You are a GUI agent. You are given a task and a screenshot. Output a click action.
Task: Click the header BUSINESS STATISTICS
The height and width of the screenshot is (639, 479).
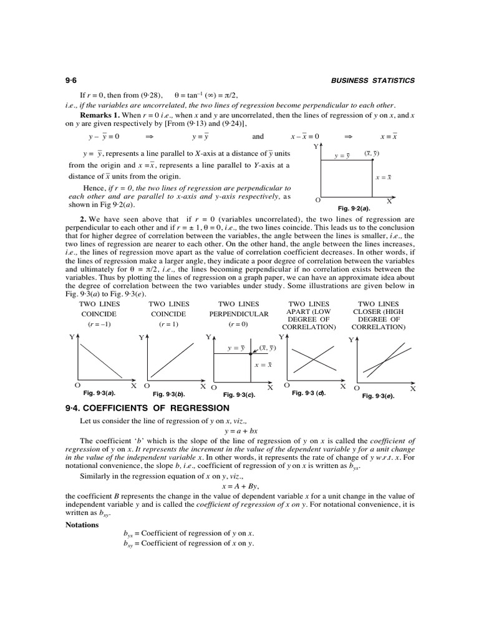[372, 80]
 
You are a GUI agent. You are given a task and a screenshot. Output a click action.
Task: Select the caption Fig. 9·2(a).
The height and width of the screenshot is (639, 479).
[354, 208]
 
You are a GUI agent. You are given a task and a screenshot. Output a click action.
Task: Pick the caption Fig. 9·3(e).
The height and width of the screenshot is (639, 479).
[379, 395]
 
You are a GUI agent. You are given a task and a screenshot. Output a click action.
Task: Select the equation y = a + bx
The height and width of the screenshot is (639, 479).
[239, 431]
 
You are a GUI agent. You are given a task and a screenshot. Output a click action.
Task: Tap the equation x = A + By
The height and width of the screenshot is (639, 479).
[239, 485]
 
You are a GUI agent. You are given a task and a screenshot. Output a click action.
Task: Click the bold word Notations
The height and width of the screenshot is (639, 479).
[82, 524]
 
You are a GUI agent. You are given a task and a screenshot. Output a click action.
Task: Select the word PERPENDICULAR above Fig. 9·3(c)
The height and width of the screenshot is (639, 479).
[239, 314]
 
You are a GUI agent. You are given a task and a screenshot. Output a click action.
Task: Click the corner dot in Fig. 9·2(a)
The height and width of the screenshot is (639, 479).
[372, 159]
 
